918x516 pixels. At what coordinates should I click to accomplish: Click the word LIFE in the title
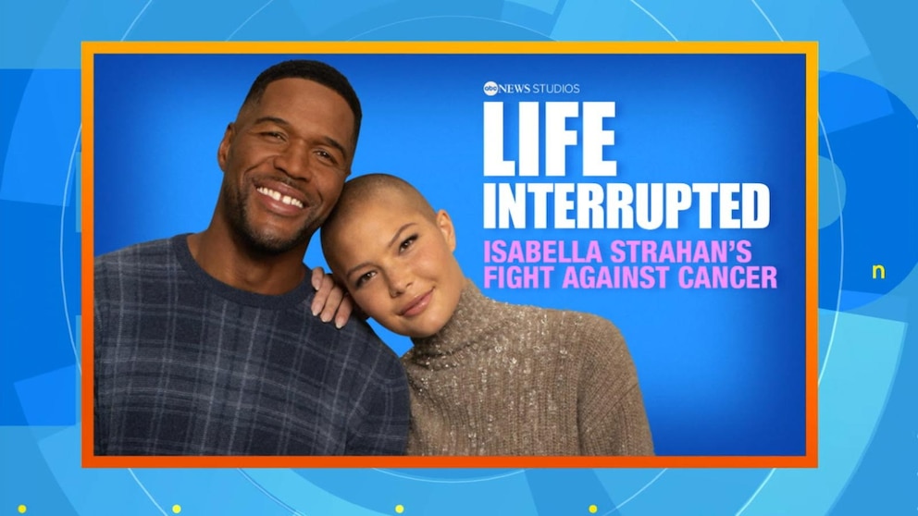click(x=549, y=139)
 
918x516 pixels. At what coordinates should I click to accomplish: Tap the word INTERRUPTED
click(x=626, y=206)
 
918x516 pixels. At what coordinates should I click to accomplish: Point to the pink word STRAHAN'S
click(x=681, y=252)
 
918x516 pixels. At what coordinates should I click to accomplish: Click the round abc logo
click(x=490, y=89)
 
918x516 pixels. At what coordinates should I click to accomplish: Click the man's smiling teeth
click(x=282, y=197)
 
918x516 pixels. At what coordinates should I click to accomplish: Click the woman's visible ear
click(x=445, y=230)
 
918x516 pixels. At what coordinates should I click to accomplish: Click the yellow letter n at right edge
click(x=878, y=272)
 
